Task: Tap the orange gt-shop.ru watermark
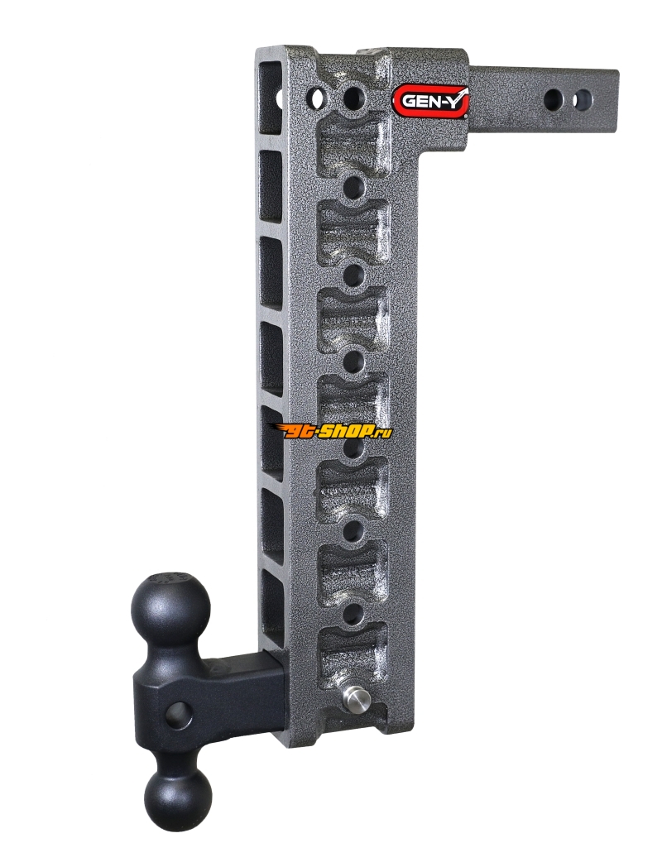pyautogui.click(x=330, y=432)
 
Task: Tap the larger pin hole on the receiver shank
pyautogui.click(x=555, y=99)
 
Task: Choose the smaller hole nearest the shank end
pyautogui.click(x=583, y=99)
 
